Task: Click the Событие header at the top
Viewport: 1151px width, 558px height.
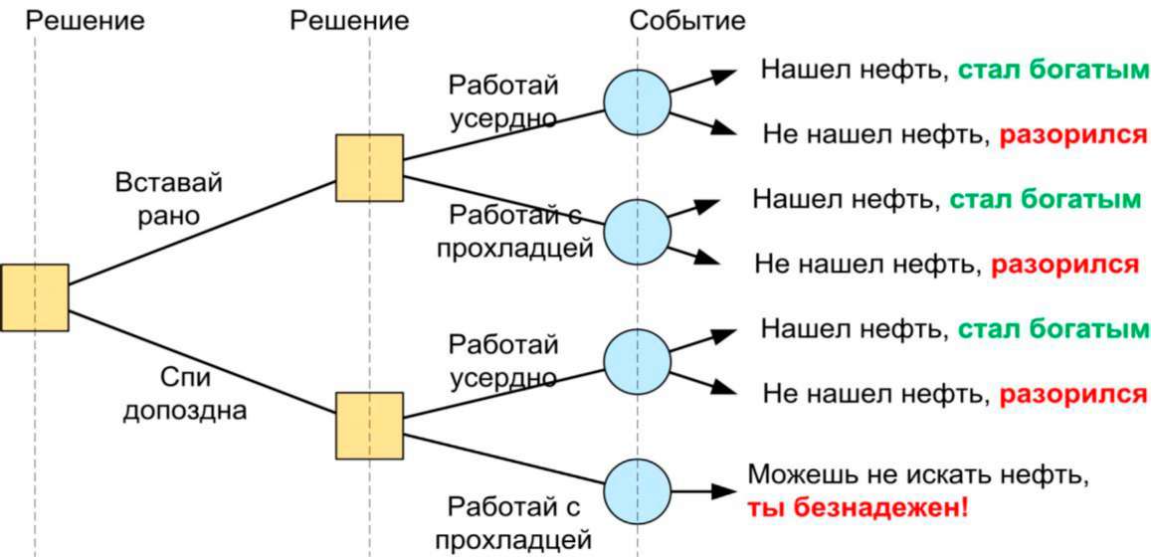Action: click(687, 20)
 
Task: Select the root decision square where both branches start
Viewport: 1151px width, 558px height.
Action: click(35, 298)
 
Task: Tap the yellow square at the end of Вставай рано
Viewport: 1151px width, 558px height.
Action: click(369, 168)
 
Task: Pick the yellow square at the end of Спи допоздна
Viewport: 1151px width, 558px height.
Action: click(369, 426)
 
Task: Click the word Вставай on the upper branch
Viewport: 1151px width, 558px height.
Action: click(168, 182)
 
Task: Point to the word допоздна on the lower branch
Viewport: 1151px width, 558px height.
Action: click(184, 410)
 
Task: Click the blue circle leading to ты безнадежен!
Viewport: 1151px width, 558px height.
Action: click(637, 492)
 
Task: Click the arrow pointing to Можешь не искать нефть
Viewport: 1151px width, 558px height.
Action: click(703, 492)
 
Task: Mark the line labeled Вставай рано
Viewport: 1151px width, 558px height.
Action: click(202, 232)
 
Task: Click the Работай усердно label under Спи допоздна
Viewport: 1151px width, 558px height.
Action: click(502, 360)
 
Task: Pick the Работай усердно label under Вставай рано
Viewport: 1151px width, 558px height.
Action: click(502, 100)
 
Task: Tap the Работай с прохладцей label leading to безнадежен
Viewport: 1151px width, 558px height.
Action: click(513, 523)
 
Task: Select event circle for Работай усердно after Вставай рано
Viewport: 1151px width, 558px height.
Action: click(637, 102)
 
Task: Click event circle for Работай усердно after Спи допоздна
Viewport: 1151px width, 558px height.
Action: click(637, 361)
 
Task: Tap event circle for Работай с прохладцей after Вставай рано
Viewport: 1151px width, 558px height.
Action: click(637, 232)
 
